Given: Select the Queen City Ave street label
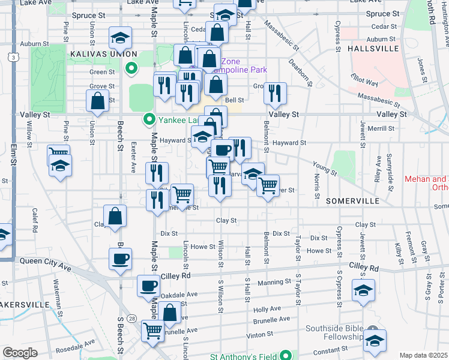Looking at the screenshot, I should (40, 261).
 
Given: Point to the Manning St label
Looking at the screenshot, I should (270, 282).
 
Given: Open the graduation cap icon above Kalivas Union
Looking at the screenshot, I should (120, 38).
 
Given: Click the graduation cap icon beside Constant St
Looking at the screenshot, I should (374, 341).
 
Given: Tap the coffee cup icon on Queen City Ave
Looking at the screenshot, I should (121, 259).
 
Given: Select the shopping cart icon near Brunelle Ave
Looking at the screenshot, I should (152, 330).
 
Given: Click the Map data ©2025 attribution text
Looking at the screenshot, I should (424, 355).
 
